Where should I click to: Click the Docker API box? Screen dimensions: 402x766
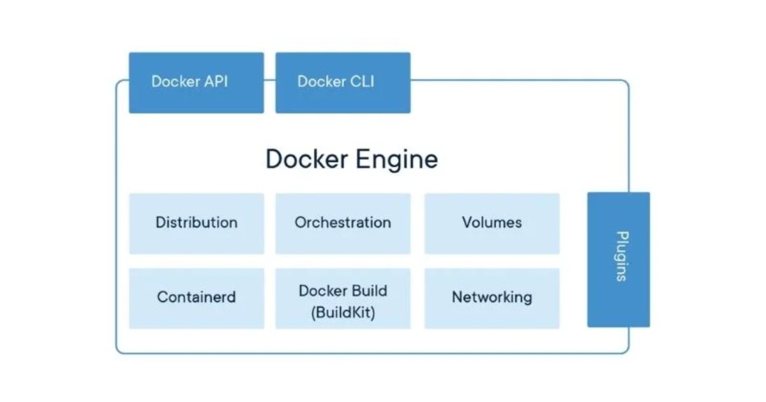coord(196,82)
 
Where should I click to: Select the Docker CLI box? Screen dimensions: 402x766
coord(343,82)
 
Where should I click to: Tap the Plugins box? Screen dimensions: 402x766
coord(619,260)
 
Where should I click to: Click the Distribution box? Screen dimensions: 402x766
coord(196,223)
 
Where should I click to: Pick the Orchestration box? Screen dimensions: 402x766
coord(343,223)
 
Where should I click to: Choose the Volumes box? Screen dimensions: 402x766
coord(492,223)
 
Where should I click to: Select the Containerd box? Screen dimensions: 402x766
coord(196,297)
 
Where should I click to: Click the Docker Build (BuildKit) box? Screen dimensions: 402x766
coord(343,298)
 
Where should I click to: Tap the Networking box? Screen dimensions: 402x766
coord(492,297)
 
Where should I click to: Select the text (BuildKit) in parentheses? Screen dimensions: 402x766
coord(343,313)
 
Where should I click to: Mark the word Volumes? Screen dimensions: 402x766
coord(492,223)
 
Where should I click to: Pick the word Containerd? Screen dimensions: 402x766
coord(196,297)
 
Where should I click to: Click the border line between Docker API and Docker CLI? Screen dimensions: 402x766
coord(269,80)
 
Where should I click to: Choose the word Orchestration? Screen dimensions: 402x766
coord(343,223)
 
